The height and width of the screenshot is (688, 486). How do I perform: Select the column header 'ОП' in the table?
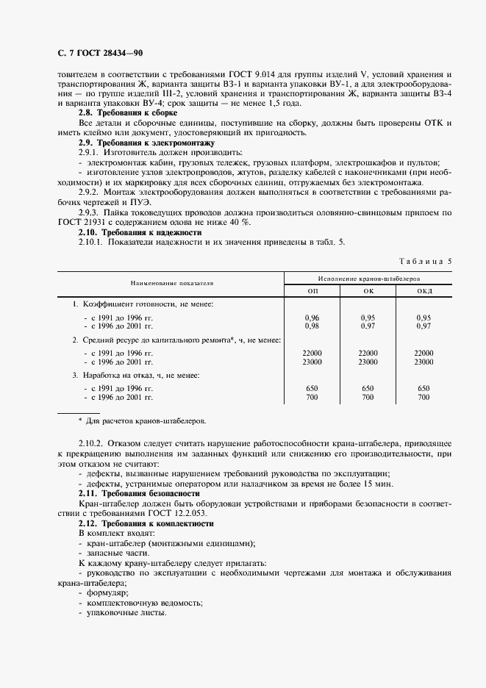(x=312, y=291)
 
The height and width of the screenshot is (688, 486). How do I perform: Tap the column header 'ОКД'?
(x=424, y=291)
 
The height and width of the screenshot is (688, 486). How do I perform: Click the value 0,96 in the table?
(x=312, y=318)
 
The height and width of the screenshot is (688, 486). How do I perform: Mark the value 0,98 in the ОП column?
(x=312, y=325)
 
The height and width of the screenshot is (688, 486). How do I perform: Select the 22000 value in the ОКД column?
(x=424, y=354)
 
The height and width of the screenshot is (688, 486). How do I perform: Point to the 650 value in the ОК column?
(x=368, y=389)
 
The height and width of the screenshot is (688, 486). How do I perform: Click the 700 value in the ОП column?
(x=312, y=397)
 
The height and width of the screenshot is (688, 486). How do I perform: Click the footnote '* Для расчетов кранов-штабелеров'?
(x=143, y=421)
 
